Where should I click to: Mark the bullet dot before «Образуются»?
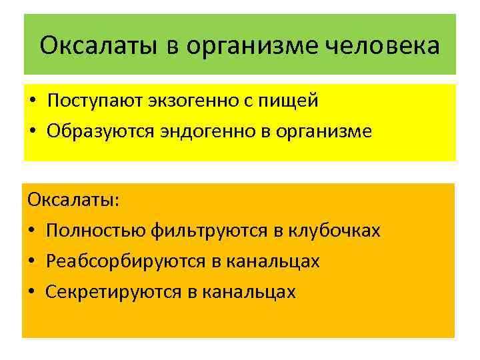[31, 131]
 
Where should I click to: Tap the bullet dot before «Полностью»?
[31, 231]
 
